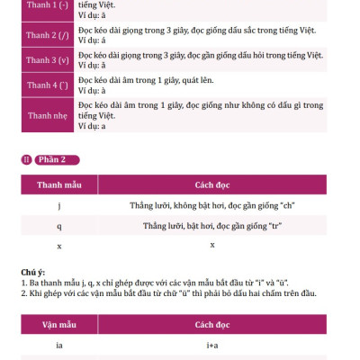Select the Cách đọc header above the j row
click(x=212, y=184)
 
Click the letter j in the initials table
click(x=58, y=206)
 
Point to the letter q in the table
click(x=58, y=226)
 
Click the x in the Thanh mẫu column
click(x=58, y=246)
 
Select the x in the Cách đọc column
click(x=212, y=245)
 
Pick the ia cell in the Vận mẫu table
click(x=58, y=344)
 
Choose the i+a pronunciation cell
click(x=212, y=344)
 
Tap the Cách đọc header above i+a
click(x=212, y=321)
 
